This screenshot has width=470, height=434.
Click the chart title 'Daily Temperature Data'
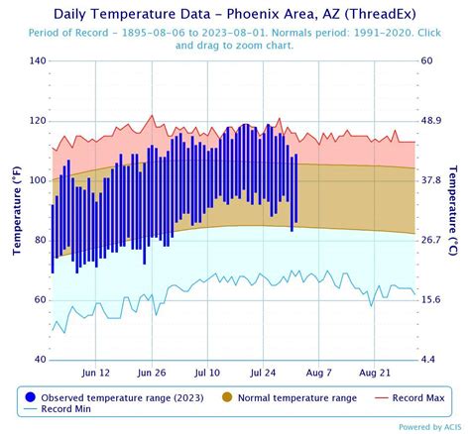point(235,14)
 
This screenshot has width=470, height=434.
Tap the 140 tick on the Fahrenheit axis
point(37,61)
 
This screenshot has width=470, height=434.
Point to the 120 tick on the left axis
point(37,121)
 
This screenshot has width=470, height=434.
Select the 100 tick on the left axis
point(37,180)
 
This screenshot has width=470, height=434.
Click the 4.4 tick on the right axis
point(429,359)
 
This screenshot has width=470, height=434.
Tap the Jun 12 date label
point(95,373)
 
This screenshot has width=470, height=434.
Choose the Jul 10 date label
point(207,373)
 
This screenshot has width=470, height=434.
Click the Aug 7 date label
point(319,373)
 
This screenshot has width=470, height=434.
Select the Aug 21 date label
point(375,373)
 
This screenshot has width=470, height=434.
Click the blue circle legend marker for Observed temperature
point(27,396)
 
